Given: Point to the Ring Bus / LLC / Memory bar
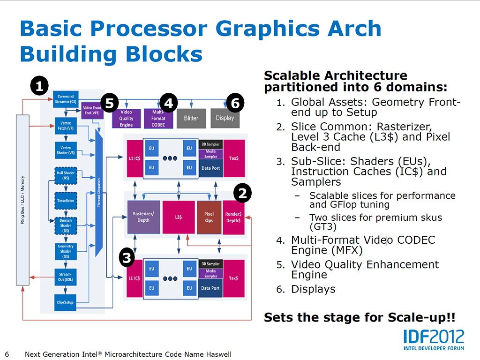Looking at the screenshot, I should tap(23, 199).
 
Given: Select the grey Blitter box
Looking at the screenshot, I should tap(191, 118).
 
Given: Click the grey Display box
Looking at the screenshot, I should tap(225, 118).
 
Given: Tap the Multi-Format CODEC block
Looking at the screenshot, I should tap(158, 119).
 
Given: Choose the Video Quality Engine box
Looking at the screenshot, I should tap(126, 119).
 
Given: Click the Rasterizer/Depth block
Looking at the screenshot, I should tap(143, 217).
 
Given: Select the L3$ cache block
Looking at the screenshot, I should tap(179, 217).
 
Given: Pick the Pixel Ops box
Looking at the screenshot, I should tap(209, 217).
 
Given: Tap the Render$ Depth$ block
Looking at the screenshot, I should tap(234, 217).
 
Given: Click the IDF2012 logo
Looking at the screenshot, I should tap(433, 338).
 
